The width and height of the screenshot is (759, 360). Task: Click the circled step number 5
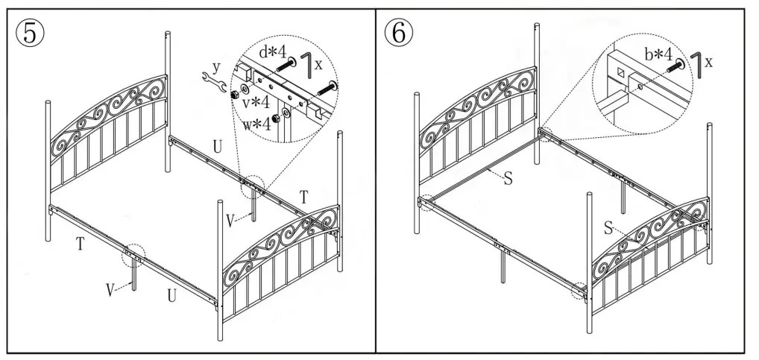click(29, 32)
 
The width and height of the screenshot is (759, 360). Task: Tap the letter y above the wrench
click(216, 66)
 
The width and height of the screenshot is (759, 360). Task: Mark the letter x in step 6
click(708, 63)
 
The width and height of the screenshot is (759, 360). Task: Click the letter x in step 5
click(318, 64)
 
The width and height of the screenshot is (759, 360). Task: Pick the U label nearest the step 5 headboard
click(217, 148)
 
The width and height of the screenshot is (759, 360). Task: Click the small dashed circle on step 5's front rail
click(134, 254)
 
